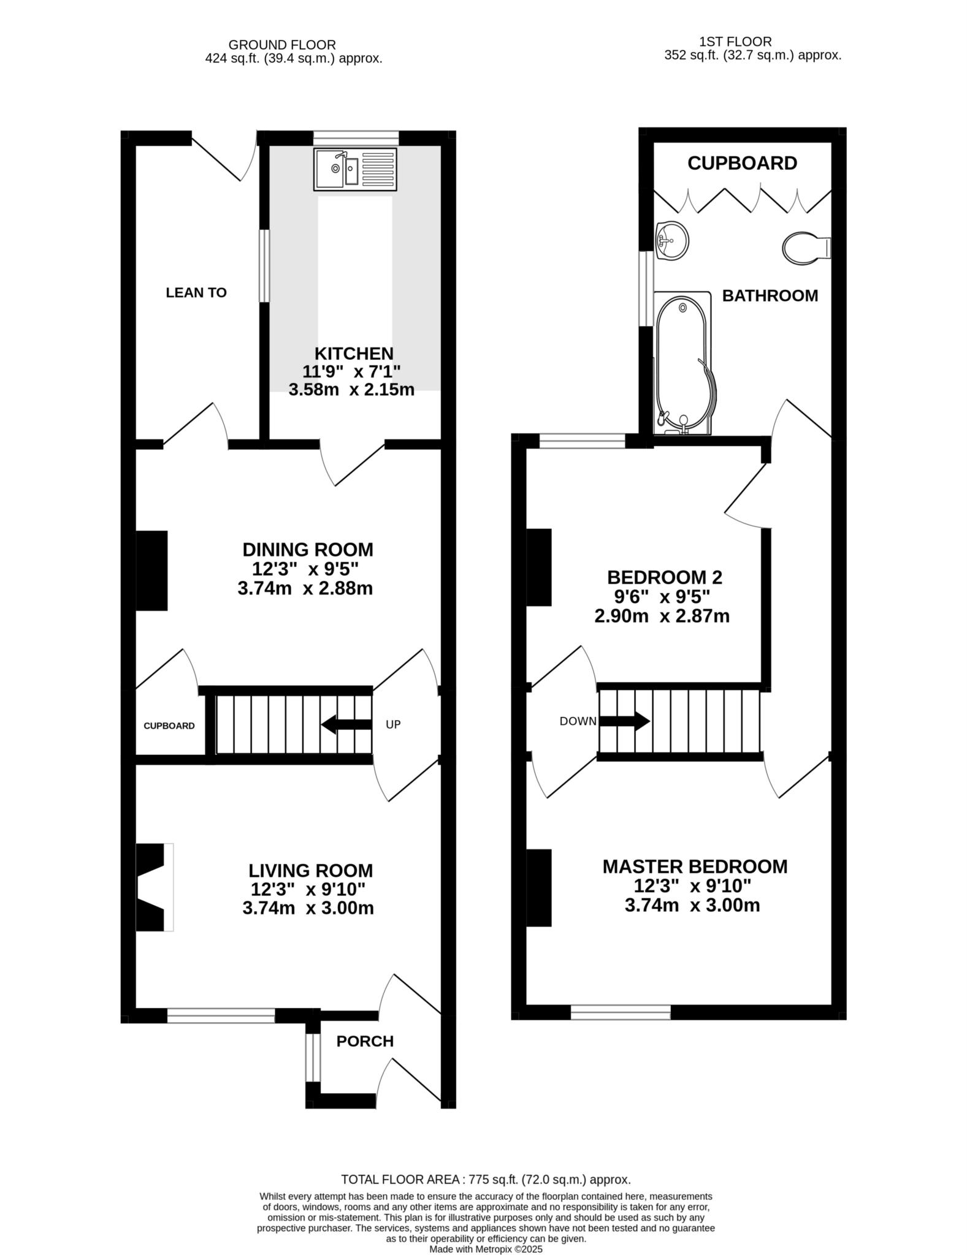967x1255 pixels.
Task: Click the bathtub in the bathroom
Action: [682, 363]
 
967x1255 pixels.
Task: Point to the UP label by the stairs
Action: [393, 724]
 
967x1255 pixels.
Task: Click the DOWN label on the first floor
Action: [578, 721]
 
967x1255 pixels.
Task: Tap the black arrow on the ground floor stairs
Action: [346, 724]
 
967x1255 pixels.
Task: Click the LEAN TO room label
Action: [196, 293]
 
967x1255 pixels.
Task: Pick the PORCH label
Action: [365, 1041]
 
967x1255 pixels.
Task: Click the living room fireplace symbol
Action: [153, 887]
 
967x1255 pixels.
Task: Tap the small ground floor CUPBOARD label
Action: [169, 726]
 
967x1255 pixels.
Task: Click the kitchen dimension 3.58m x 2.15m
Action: [351, 389]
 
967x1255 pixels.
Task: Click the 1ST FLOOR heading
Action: [735, 42]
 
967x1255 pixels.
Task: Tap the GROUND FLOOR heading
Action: [282, 45]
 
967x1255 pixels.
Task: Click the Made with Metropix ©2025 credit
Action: [486, 1249]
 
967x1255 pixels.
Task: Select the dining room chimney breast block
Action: [151, 571]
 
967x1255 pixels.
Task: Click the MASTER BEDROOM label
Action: [695, 866]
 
